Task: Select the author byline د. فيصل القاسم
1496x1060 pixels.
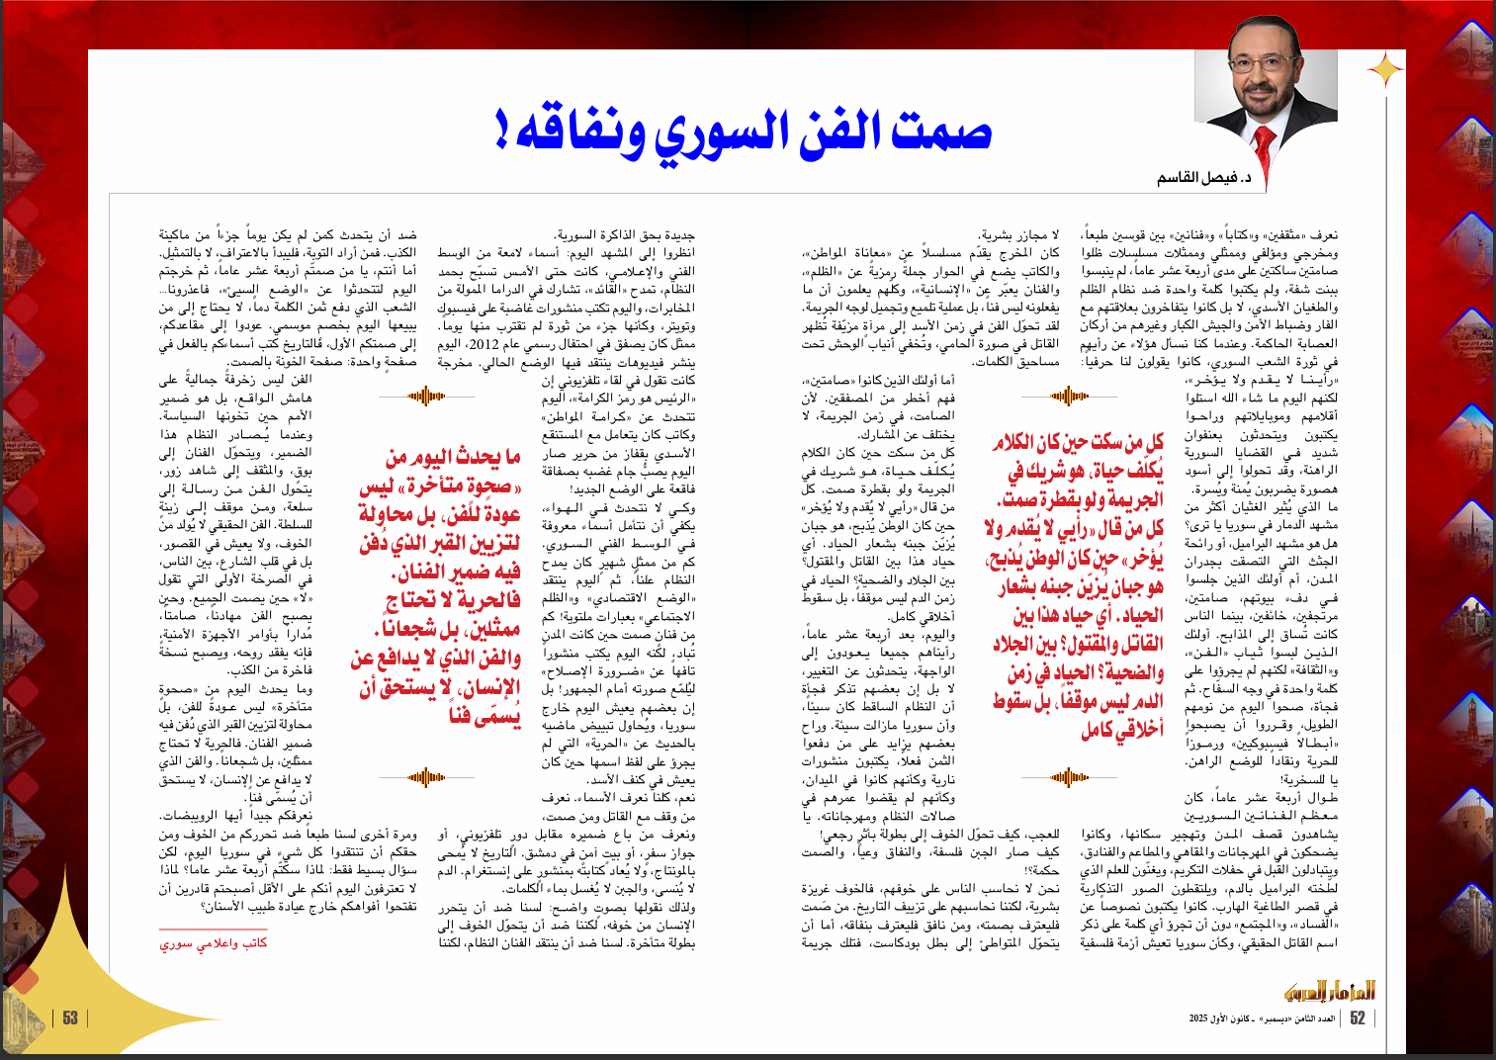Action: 1204,178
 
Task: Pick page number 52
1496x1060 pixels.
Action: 1358,1018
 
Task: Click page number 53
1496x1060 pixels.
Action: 70,1018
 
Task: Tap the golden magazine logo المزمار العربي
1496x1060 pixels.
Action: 1329,990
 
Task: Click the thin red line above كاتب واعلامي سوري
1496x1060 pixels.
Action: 214,928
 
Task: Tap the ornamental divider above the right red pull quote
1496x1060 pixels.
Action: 1070,397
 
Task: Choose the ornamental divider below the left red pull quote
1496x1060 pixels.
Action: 427,777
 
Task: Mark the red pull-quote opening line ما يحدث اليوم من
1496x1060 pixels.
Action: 453,457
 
